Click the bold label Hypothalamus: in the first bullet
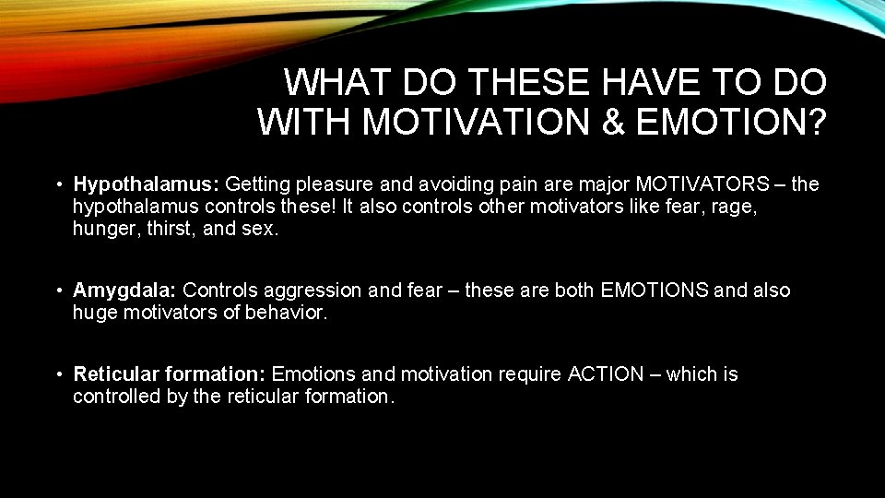(146, 184)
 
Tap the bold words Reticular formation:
(170, 374)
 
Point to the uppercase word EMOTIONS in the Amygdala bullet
(655, 290)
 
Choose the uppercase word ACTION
(606, 374)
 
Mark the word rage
(735, 207)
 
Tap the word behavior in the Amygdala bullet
(285, 313)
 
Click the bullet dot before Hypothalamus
(57, 185)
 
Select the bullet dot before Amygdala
(57, 291)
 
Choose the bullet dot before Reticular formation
(57, 375)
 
